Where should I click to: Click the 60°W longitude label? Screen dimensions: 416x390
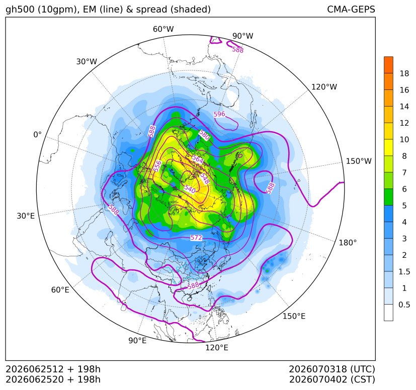point(163,29)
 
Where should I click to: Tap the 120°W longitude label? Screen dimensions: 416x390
point(324,87)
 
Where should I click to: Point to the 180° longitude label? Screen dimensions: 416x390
point(348,242)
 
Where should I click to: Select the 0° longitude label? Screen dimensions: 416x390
point(37,135)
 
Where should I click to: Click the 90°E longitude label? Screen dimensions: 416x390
point(137,340)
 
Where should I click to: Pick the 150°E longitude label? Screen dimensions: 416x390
point(294,316)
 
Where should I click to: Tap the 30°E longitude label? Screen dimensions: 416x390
point(26,216)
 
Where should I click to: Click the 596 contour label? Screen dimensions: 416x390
point(219,114)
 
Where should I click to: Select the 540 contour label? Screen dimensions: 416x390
point(190,189)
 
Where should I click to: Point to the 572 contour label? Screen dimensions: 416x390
point(196,238)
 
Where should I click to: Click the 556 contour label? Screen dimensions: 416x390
point(157,166)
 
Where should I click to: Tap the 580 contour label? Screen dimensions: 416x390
point(204,135)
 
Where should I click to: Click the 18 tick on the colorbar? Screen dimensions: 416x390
point(404,73)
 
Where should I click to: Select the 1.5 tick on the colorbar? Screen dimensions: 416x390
point(404,271)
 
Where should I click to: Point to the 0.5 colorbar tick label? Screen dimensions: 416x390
point(404,305)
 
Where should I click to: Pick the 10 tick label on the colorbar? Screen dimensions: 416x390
point(404,139)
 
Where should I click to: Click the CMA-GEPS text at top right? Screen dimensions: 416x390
point(351,9)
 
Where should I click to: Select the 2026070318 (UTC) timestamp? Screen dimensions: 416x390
point(332,369)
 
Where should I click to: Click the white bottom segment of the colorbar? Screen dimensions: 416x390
point(388,313)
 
